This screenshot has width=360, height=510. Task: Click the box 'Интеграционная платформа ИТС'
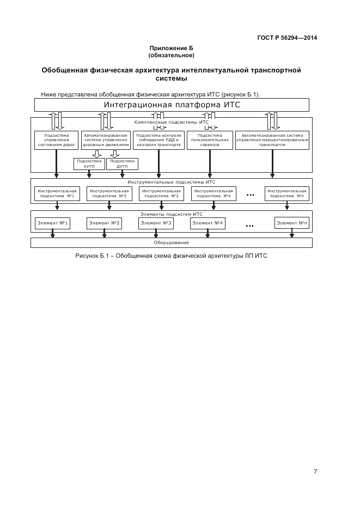172,105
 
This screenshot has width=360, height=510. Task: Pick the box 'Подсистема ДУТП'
122,163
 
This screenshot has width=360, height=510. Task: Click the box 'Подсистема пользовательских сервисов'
210,140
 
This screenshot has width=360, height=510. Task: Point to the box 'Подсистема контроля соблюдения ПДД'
158,140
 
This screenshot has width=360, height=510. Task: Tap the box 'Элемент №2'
104,223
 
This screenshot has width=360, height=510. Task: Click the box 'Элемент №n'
292,223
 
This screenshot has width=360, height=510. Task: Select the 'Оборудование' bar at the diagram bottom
171,242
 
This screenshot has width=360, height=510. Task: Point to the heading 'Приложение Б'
172,48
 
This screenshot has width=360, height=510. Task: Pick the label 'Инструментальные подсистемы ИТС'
171,182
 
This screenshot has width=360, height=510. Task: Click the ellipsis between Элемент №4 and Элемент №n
250,224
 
